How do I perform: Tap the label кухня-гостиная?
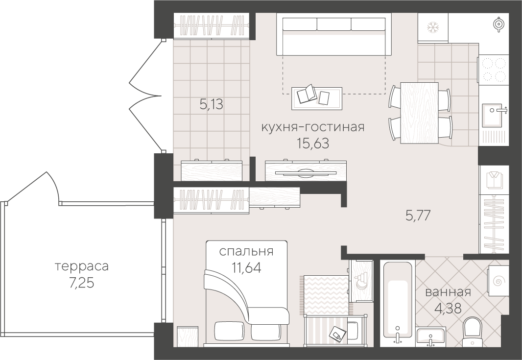click(x=312, y=127)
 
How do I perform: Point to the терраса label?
click(x=81, y=267)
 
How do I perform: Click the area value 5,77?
click(x=418, y=215)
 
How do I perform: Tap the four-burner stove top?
click(x=494, y=69)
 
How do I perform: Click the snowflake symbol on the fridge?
click(x=432, y=26)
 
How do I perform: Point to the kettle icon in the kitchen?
click(x=498, y=24)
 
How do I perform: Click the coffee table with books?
click(x=316, y=98)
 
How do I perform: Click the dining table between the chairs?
click(x=419, y=112)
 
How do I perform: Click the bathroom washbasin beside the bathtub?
click(x=430, y=337)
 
